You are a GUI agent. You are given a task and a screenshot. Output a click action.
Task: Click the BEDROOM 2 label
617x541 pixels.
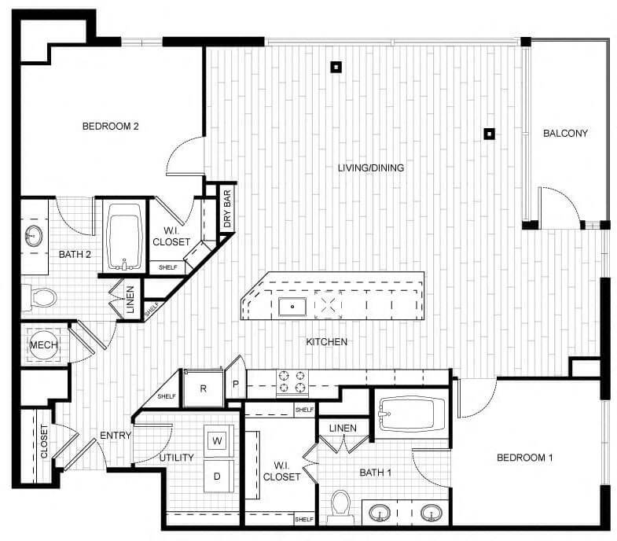pos(111,125)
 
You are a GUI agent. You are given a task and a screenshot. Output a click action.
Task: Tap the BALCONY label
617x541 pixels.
pos(565,133)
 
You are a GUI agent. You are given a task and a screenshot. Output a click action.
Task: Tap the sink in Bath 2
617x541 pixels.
pos(34,235)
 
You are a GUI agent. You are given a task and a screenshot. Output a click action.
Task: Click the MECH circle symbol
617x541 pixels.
pos(41,345)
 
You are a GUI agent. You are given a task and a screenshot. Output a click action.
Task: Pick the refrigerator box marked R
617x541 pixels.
pos(203,388)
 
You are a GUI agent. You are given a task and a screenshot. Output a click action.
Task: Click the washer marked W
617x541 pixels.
pos(218,440)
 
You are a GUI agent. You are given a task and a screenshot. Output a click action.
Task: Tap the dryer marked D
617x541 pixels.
pos(218,476)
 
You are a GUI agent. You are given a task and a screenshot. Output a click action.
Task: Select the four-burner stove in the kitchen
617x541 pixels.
pos(291,381)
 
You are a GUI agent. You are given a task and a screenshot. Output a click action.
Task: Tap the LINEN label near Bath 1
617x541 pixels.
pos(343,429)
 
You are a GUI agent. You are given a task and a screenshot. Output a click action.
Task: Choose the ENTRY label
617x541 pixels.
pos(115,436)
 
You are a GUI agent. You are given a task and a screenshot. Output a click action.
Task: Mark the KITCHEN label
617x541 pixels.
pos(327,341)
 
